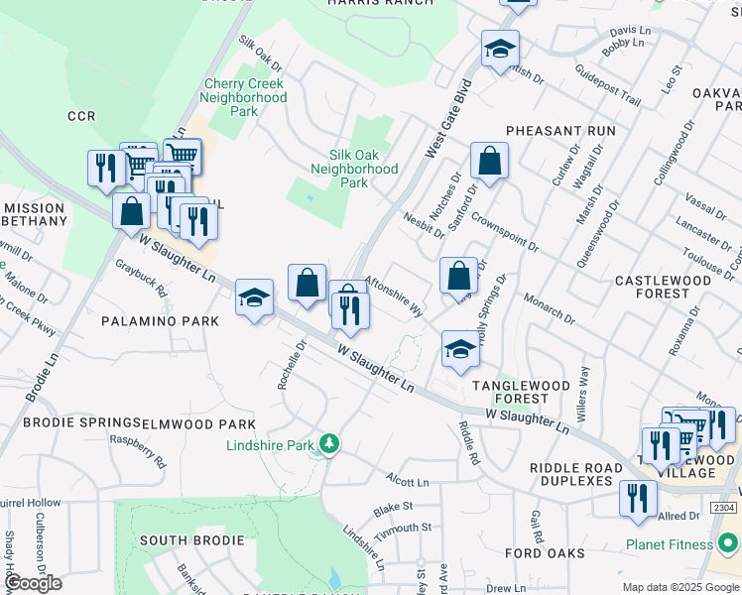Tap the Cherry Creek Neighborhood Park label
pyautogui.click(x=243, y=97)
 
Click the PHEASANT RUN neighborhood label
pyautogui.click(x=560, y=131)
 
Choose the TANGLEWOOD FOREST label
pyautogui.click(x=509, y=392)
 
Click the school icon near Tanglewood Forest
pyautogui.click(x=459, y=350)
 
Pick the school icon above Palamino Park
pyautogui.click(x=254, y=297)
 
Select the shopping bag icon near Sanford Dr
pyautogui.click(x=489, y=161)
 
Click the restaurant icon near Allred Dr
pyautogui.click(x=637, y=497)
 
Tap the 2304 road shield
pyautogui.click(x=724, y=508)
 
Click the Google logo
pyautogui.click(x=33, y=583)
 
